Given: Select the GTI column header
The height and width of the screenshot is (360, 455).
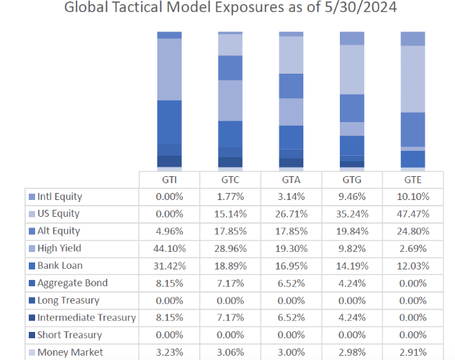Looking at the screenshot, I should click(x=169, y=179).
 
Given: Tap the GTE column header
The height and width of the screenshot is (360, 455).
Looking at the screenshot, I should click(x=412, y=179).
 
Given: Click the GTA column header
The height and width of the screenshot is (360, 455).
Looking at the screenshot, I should click(x=291, y=179).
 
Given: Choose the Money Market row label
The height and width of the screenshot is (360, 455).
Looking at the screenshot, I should click(x=70, y=352).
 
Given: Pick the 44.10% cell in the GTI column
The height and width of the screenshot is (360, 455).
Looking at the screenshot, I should click(x=169, y=248).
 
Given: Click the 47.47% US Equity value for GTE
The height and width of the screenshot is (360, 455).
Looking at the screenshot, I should click(x=412, y=213).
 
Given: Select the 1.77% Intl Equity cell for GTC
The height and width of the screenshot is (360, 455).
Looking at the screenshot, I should click(x=230, y=196).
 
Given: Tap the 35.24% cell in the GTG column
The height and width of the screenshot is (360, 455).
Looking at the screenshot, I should click(x=351, y=213).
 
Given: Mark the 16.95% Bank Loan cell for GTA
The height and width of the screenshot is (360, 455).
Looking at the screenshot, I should click(x=291, y=265).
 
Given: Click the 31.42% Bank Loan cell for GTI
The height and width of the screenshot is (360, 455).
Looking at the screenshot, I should click(x=169, y=265).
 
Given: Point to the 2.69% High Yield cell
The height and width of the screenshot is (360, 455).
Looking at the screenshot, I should click(x=412, y=248).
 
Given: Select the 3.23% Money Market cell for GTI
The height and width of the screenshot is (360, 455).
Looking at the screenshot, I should click(x=169, y=352).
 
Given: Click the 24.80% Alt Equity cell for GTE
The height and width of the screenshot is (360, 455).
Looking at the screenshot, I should click(x=412, y=231).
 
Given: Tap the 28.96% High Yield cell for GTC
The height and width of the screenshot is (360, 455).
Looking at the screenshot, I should click(x=230, y=248).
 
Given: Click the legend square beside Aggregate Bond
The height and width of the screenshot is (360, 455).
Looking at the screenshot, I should click(x=32, y=283).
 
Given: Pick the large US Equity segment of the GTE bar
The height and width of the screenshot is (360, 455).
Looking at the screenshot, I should click(x=412, y=79).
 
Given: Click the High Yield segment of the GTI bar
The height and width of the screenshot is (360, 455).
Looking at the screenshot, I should click(x=169, y=69).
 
